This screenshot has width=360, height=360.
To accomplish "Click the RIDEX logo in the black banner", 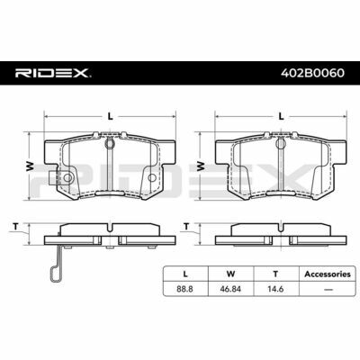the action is click(x=53, y=73).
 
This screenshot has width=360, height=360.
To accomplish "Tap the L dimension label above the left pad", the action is click(x=111, y=116).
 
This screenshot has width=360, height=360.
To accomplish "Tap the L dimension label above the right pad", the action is click(x=281, y=116).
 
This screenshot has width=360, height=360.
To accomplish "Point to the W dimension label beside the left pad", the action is click(x=30, y=166).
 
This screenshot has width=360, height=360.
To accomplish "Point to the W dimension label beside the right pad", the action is click(x=201, y=166).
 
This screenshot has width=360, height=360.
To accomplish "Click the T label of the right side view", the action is click(x=186, y=227).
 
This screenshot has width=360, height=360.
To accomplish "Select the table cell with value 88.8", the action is click(x=185, y=289).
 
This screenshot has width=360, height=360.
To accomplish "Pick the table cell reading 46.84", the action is click(x=230, y=289).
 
